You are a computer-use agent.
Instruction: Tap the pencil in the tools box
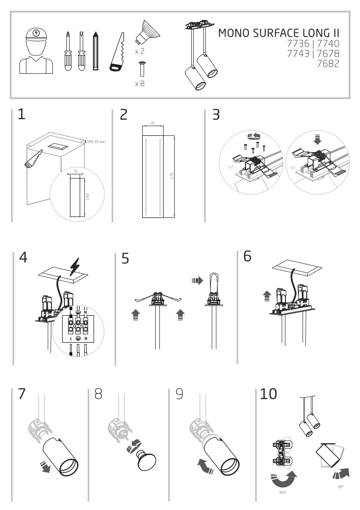click(x=96, y=51)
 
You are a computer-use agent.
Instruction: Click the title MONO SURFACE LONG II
click(x=278, y=33)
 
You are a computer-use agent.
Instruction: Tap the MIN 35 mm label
click(x=96, y=141)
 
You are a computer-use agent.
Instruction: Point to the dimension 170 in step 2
click(x=172, y=176)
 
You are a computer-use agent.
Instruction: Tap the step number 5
click(x=125, y=259)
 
